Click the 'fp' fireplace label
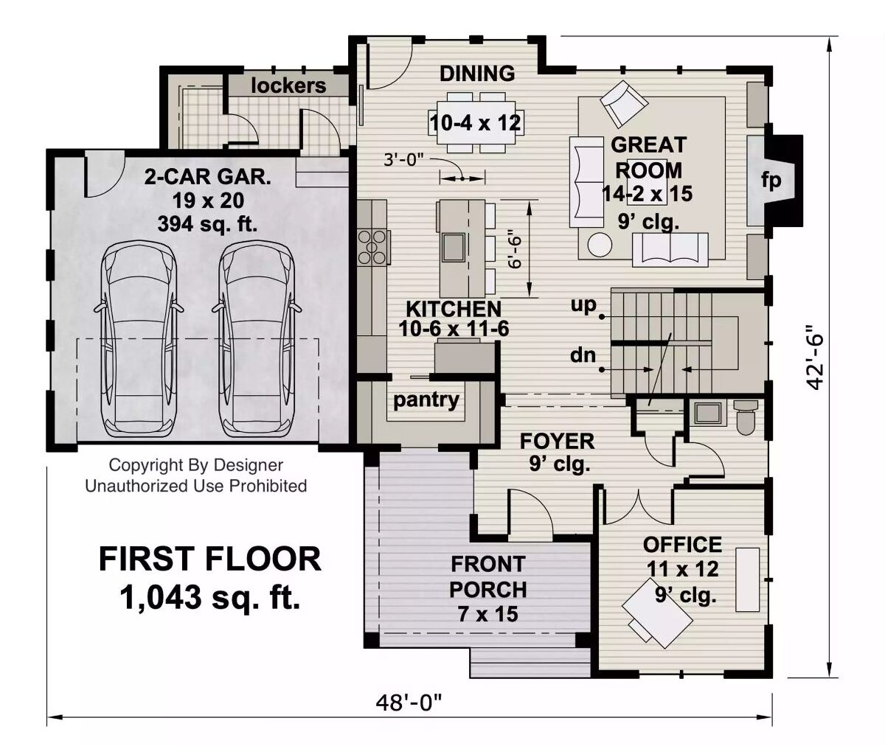771,180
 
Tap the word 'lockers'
288,86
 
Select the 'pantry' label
426,400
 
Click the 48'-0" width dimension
409,703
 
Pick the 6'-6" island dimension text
516,249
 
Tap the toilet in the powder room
746,416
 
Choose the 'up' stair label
583,305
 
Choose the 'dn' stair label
583,356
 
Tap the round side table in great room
599,245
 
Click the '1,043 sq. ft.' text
210,598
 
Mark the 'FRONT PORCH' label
487,577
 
